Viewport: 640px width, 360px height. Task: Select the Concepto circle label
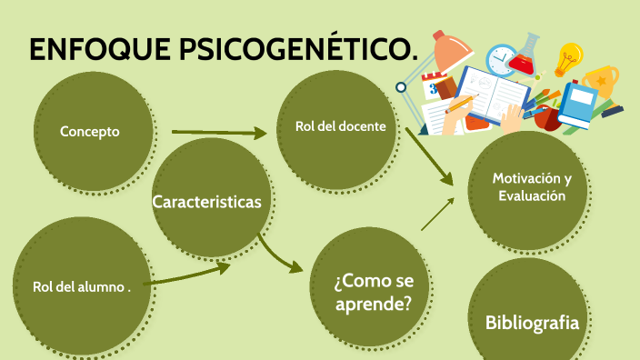point(90,132)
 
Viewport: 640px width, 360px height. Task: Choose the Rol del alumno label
point(82,286)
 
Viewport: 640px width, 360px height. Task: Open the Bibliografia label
point(532,322)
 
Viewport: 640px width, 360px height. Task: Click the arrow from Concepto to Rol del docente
point(218,133)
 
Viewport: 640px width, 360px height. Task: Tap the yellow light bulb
point(569,58)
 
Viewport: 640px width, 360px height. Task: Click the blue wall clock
point(500,60)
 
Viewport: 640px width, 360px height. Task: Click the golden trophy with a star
point(601,83)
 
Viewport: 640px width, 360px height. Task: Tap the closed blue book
point(575,105)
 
